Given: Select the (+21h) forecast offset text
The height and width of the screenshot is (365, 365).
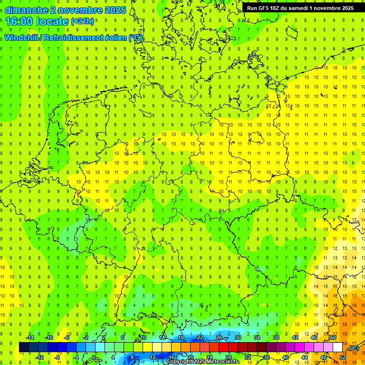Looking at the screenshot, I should [82, 21].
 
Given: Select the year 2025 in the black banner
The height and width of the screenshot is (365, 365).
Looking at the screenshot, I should [346, 8].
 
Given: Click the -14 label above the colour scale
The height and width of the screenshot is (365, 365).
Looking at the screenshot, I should [30, 337].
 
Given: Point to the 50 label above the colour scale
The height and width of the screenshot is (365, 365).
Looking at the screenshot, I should [333, 337].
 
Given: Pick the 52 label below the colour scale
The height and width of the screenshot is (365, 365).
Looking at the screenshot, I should [342, 357].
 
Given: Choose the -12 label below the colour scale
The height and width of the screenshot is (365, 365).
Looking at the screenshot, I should [39, 357].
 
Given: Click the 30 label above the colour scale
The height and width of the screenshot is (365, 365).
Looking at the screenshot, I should [238, 337].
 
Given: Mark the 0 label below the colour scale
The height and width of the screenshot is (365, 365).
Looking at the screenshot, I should [94, 357].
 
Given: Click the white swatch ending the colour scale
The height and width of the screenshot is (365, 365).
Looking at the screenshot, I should [337, 347].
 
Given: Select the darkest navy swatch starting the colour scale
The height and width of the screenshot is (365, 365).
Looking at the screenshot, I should [24, 347].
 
